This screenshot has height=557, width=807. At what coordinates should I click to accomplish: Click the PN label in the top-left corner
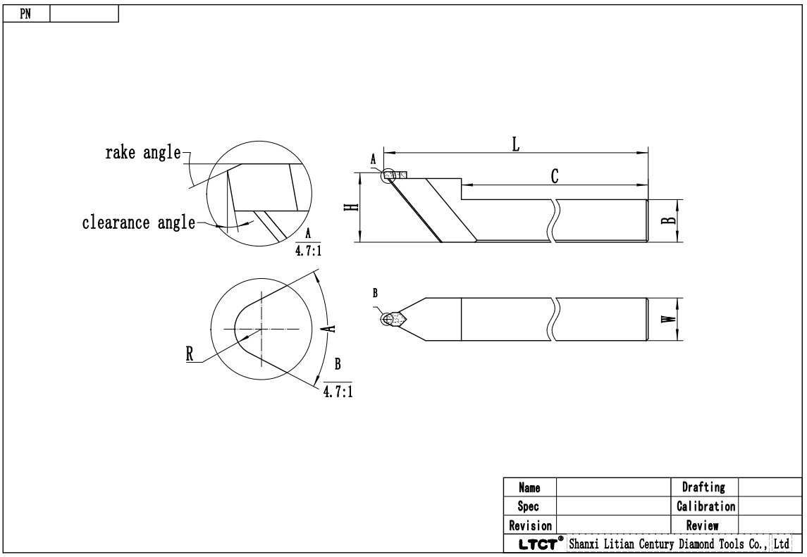(x=25, y=14)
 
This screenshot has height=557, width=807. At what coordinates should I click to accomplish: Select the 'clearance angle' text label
(x=138, y=223)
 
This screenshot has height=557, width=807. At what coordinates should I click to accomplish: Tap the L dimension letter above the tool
(x=515, y=144)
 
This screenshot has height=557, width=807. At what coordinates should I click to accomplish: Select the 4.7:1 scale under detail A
(x=309, y=251)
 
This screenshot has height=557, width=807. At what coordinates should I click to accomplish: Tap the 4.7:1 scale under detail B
(x=338, y=392)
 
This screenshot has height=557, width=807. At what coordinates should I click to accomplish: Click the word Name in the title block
(x=529, y=487)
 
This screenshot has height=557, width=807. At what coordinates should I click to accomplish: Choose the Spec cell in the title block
(x=529, y=506)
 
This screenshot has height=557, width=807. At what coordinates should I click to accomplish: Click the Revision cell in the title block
(x=529, y=525)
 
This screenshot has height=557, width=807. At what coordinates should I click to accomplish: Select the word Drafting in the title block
(x=703, y=487)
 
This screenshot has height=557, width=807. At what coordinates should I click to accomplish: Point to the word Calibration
(x=706, y=506)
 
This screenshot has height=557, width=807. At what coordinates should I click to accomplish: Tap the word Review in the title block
(x=703, y=525)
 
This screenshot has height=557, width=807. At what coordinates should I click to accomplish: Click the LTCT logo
(x=537, y=544)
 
